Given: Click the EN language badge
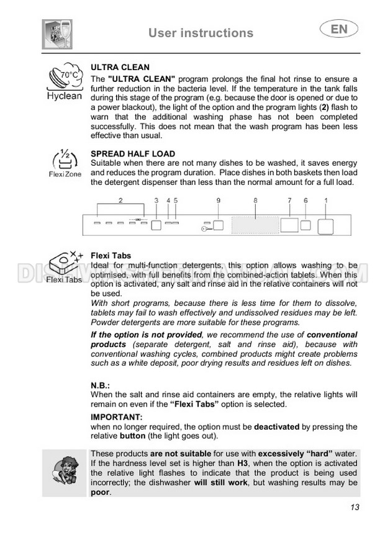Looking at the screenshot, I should (x=335, y=29).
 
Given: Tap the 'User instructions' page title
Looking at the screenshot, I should (x=201, y=33).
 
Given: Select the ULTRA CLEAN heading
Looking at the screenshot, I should (x=120, y=67).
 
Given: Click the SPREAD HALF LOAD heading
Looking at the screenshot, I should (x=133, y=154).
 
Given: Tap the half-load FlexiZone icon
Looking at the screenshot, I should (x=65, y=163).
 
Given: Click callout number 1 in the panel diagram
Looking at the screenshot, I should (x=326, y=200).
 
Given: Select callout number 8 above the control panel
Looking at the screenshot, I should (x=255, y=200).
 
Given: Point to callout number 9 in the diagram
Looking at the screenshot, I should (x=218, y=200).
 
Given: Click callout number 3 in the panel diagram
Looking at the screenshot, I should (x=156, y=200).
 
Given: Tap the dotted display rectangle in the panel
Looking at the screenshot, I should (x=255, y=225).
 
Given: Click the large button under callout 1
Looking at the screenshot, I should (x=326, y=226).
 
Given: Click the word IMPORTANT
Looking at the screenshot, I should (x=117, y=417).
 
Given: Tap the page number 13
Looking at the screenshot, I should (x=354, y=507).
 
